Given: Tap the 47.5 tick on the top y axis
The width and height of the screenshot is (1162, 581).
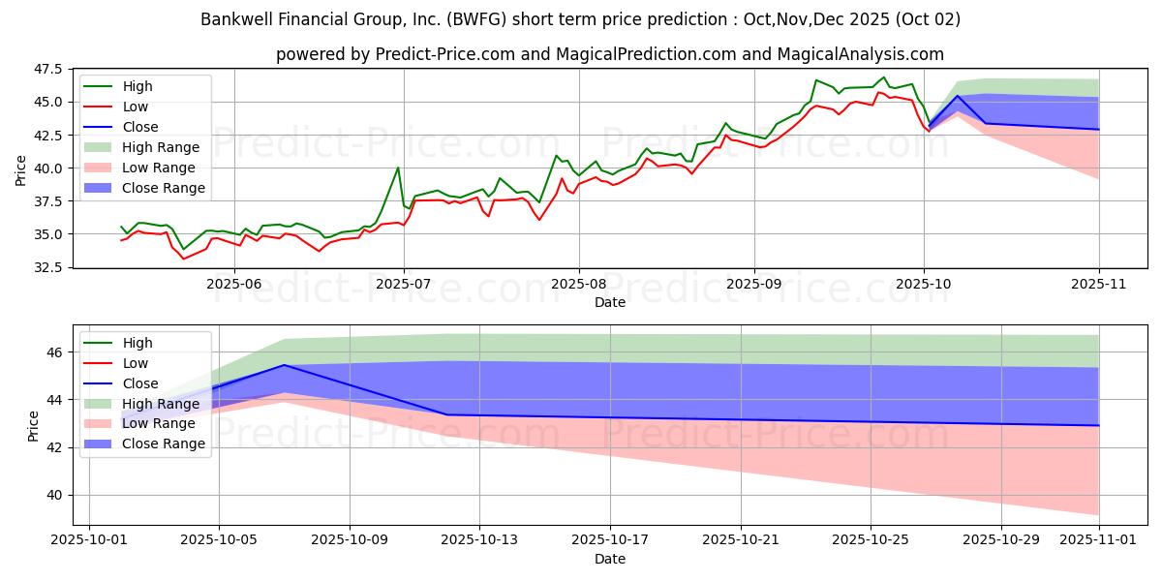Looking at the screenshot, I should pyautogui.click(x=47, y=70).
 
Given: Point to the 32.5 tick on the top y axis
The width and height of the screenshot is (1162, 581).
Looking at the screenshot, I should pyautogui.click(x=47, y=267).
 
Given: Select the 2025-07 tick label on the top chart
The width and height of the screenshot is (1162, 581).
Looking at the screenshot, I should pyautogui.click(x=404, y=285).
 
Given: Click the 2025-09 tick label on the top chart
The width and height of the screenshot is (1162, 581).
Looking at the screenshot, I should pyautogui.click(x=753, y=285).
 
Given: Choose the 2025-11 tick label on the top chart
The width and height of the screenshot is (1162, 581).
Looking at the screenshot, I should pyautogui.click(x=1098, y=285).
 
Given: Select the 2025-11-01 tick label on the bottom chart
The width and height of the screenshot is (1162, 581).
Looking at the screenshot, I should pyautogui.click(x=1098, y=540).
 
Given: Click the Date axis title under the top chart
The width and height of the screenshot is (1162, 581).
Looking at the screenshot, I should pyautogui.click(x=610, y=303).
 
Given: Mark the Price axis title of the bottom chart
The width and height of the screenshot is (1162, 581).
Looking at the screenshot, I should pyautogui.click(x=34, y=426).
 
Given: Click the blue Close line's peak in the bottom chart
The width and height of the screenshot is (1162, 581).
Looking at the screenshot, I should pyautogui.click(x=284, y=365).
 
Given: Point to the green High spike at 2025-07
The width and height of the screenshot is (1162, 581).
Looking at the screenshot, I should pyautogui.click(x=398, y=168).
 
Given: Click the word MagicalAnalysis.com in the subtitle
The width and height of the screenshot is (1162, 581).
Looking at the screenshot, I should pyautogui.click(x=849, y=54).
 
